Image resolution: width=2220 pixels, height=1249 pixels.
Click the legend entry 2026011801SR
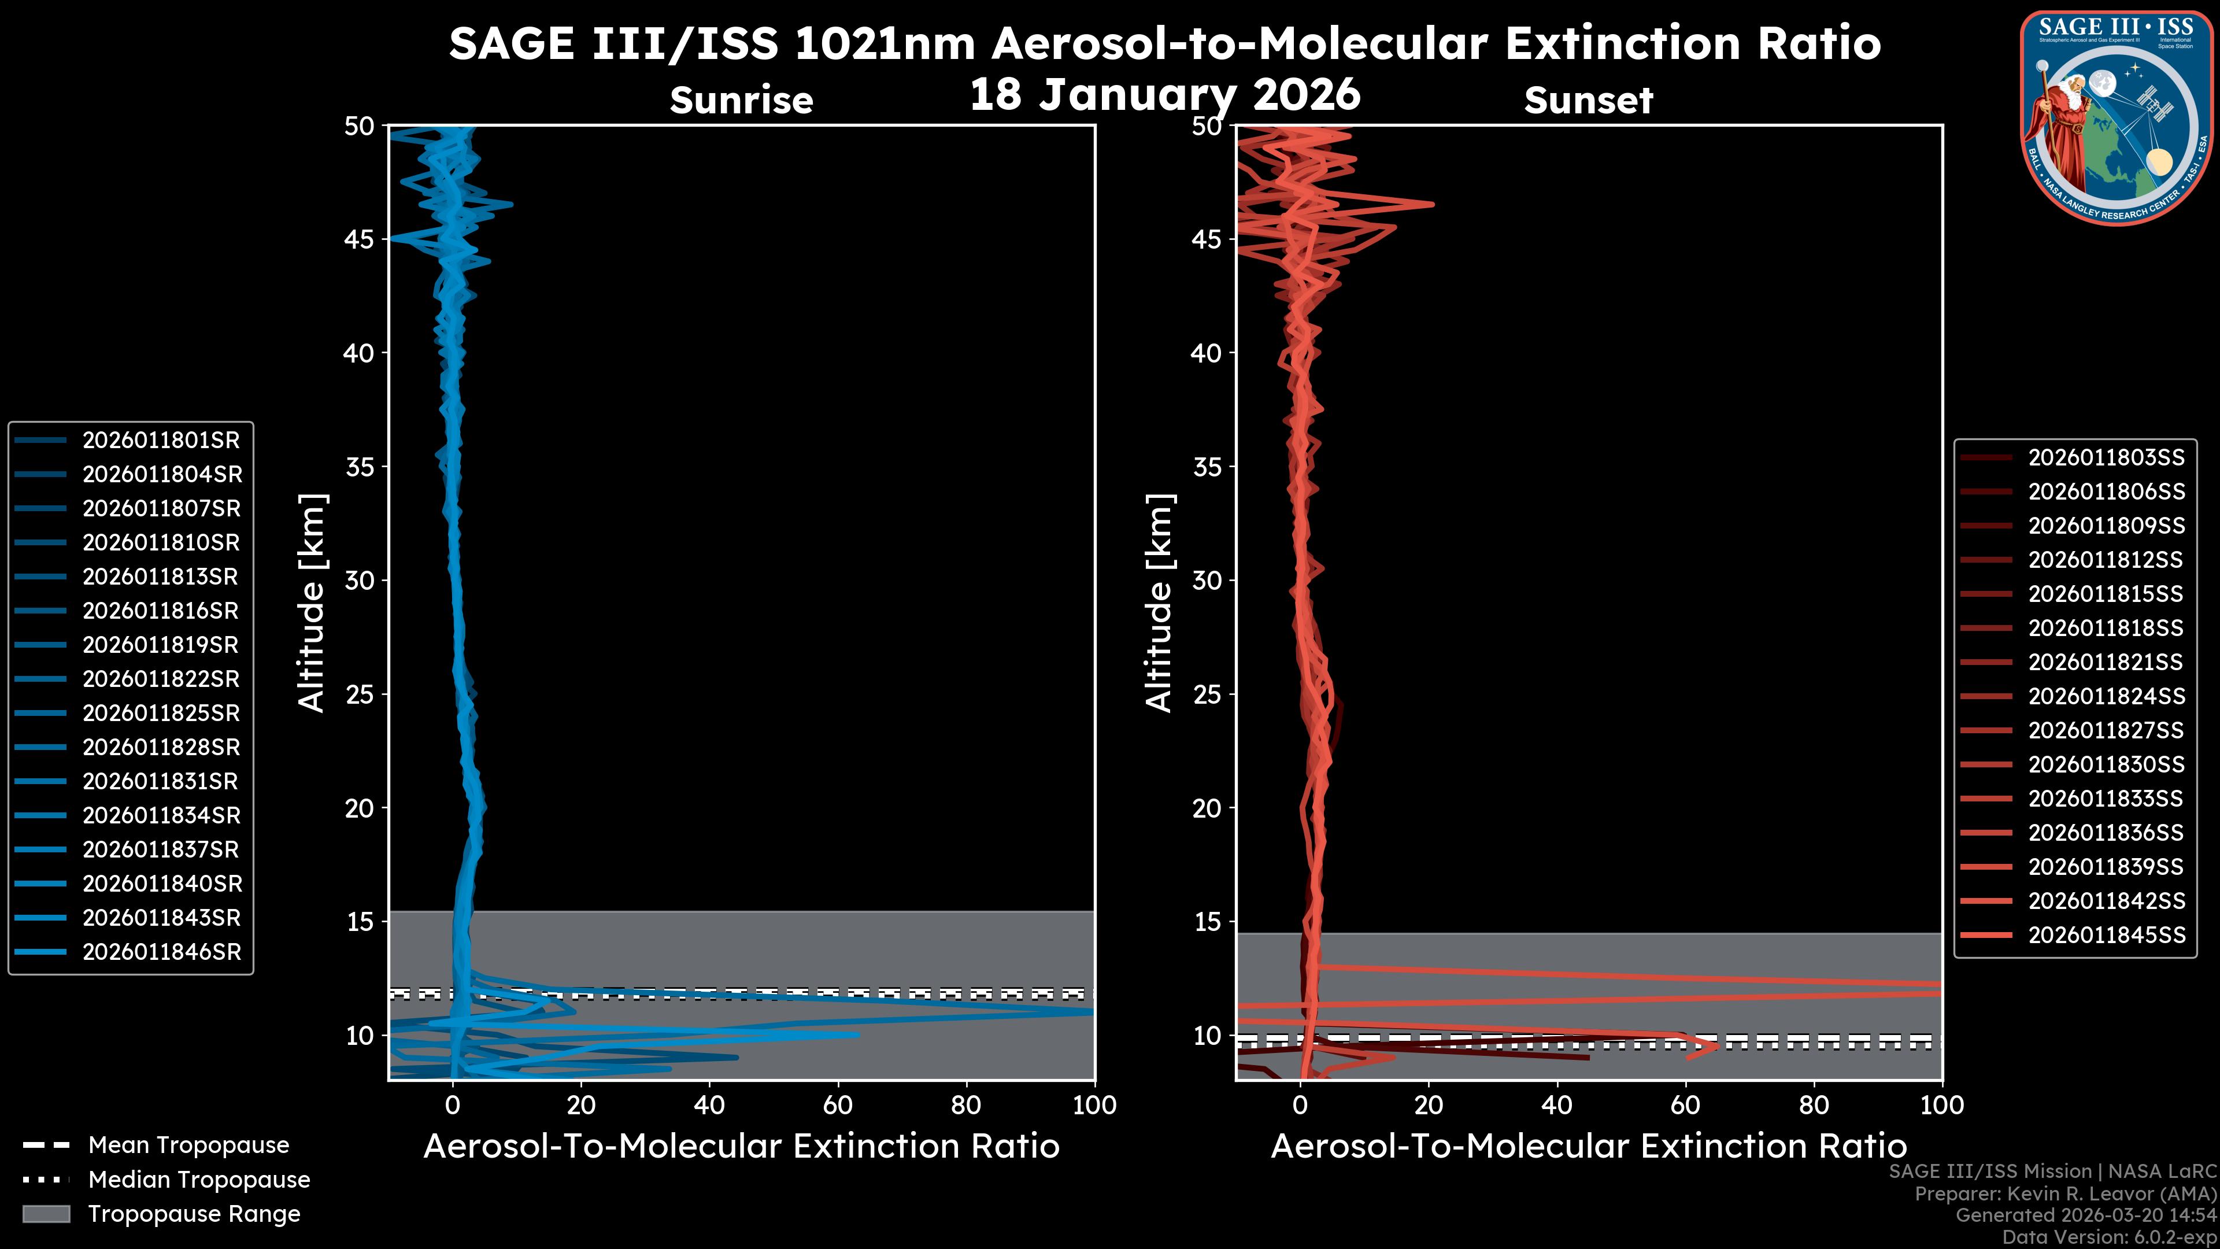pyautogui.click(x=160, y=441)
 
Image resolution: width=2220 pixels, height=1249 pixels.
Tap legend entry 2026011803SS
pyautogui.click(x=2106, y=458)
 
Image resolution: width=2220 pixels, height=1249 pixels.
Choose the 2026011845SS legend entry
pyautogui.click(x=2106, y=935)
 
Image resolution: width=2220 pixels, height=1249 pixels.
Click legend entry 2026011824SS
pyautogui.click(x=2106, y=696)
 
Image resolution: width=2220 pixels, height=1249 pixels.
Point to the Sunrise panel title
pyautogui.click(x=741, y=100)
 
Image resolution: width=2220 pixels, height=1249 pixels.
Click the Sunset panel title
pyautogui.click(x=1588, y=100)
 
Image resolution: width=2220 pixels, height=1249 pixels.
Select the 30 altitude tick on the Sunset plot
pyautogui.click(x=1207, y=580)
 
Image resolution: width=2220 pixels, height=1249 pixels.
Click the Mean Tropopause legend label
pyautogui.click(x=188, y=1145)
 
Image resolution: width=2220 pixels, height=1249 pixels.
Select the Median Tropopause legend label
pyautogui.click(x=198, y=1180)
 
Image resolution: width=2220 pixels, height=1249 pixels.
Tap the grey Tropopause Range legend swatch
pyautogui.click(x=46, y=1214)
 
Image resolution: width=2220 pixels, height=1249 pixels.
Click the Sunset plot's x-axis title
pyautogui.click(x=1588, y=1147)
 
